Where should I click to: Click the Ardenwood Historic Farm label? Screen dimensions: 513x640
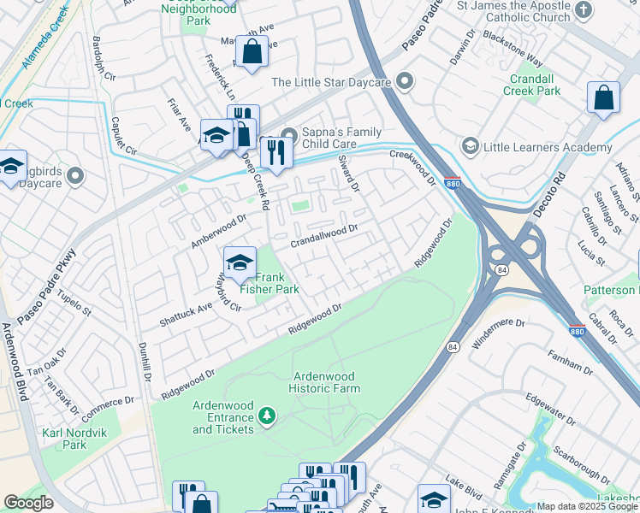tap(326, 382)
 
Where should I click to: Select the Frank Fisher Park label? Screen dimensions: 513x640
tap(270, 283)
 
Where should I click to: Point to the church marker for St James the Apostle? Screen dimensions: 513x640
tap(583, 11)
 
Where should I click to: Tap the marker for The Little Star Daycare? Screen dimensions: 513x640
tap(405, 82)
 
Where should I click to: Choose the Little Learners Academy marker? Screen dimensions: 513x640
tap(469, 147)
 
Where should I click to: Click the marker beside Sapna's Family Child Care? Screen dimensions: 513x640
tap(289, 135)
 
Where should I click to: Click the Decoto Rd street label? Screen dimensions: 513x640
tap(560, 192)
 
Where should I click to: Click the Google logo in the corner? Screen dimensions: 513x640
tap(29, 503)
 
